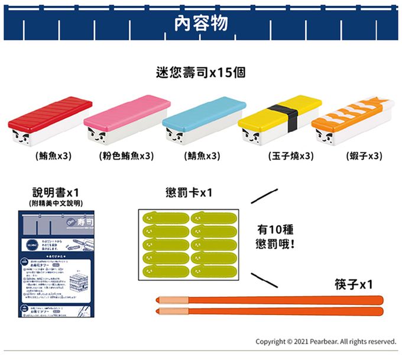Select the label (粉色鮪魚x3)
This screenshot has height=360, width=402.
click(125, 156)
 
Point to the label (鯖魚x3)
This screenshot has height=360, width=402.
click(202, 156)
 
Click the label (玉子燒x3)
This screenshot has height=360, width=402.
click(290, 156)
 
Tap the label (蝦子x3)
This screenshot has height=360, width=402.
click(364, 156)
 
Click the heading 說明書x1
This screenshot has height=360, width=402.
click(56, 193)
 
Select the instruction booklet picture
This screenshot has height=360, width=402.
click(56, 264)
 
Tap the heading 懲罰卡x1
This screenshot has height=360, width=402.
click(189, 193)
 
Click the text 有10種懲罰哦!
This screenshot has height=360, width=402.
click(275, 236)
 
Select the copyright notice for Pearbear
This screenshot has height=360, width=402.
click(325, 342)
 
